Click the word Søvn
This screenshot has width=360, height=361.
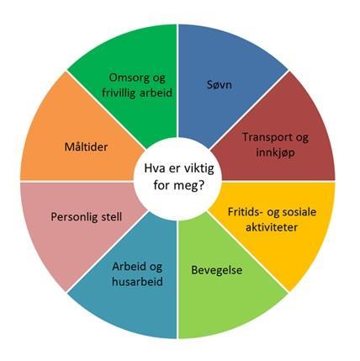220,84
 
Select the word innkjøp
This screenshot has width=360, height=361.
275,153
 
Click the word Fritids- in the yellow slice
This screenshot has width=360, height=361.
245,212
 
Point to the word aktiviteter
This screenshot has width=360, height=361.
272,227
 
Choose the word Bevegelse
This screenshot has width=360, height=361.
217,270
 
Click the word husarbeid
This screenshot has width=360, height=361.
137,281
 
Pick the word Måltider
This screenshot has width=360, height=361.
86,147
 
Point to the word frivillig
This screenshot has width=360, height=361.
119,93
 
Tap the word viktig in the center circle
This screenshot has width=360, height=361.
199,169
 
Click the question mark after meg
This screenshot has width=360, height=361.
201,185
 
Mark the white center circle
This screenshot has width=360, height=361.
177,178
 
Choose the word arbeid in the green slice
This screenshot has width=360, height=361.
156,93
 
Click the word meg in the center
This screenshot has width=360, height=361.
187,185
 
